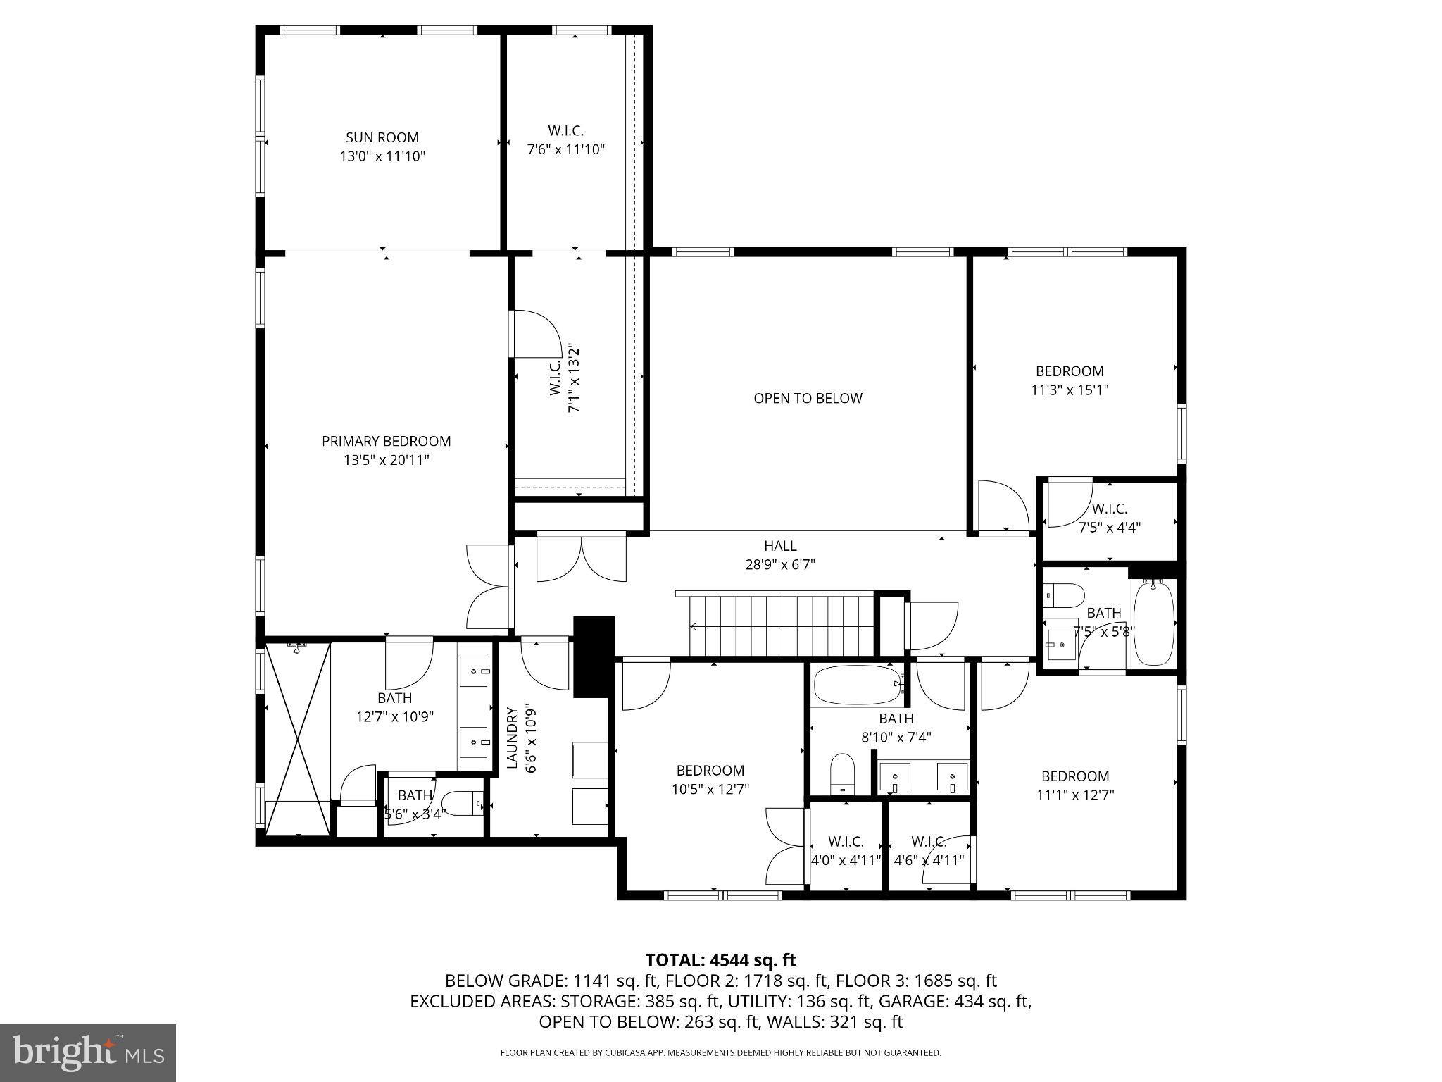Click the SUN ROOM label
pyautogui.click(x=382, y=138)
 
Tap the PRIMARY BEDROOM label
pyautogui.click(x=386, y=442)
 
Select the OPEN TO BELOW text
pyautogui.click(x=808, y=399)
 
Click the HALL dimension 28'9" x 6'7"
pyautogui.click(x=780, y=564)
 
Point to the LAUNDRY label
pyautogui.click(x=512, y=738)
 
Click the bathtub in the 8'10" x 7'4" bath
pyautogui.click(x=856, y=685)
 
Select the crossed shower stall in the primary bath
pyautogui.click(x=298, y=738)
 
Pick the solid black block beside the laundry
pyautogui.click(x=594, y=656)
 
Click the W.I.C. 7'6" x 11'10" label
pyautogui.click(x=565, y=131)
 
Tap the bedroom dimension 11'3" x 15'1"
pyautogui.click(x=1070, y=390)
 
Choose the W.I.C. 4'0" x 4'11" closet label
pyautogui.click(x=846, y=842)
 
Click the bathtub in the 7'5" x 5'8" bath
pyautogui.click(x=1154, y=623)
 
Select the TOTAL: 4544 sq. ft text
pyautogui.click(x=720, y=959)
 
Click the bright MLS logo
pyautogui.click(x=88, y=1053)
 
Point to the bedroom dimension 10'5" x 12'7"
pyautogui.click(x=710, y=789)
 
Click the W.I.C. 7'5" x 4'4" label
pyautogui.click(x=1109, y=509)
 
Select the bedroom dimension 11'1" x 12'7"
pyautogui.click(x=1074, y=795)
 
